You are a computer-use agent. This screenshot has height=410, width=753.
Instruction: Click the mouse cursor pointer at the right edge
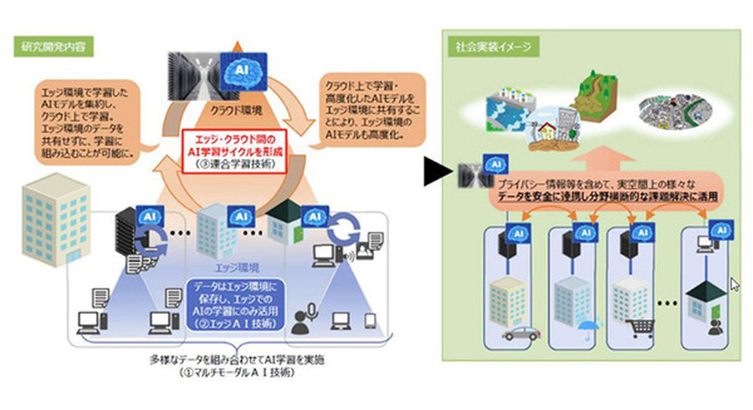pos(735,284)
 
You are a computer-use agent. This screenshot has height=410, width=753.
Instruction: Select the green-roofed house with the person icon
pos(703,301)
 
